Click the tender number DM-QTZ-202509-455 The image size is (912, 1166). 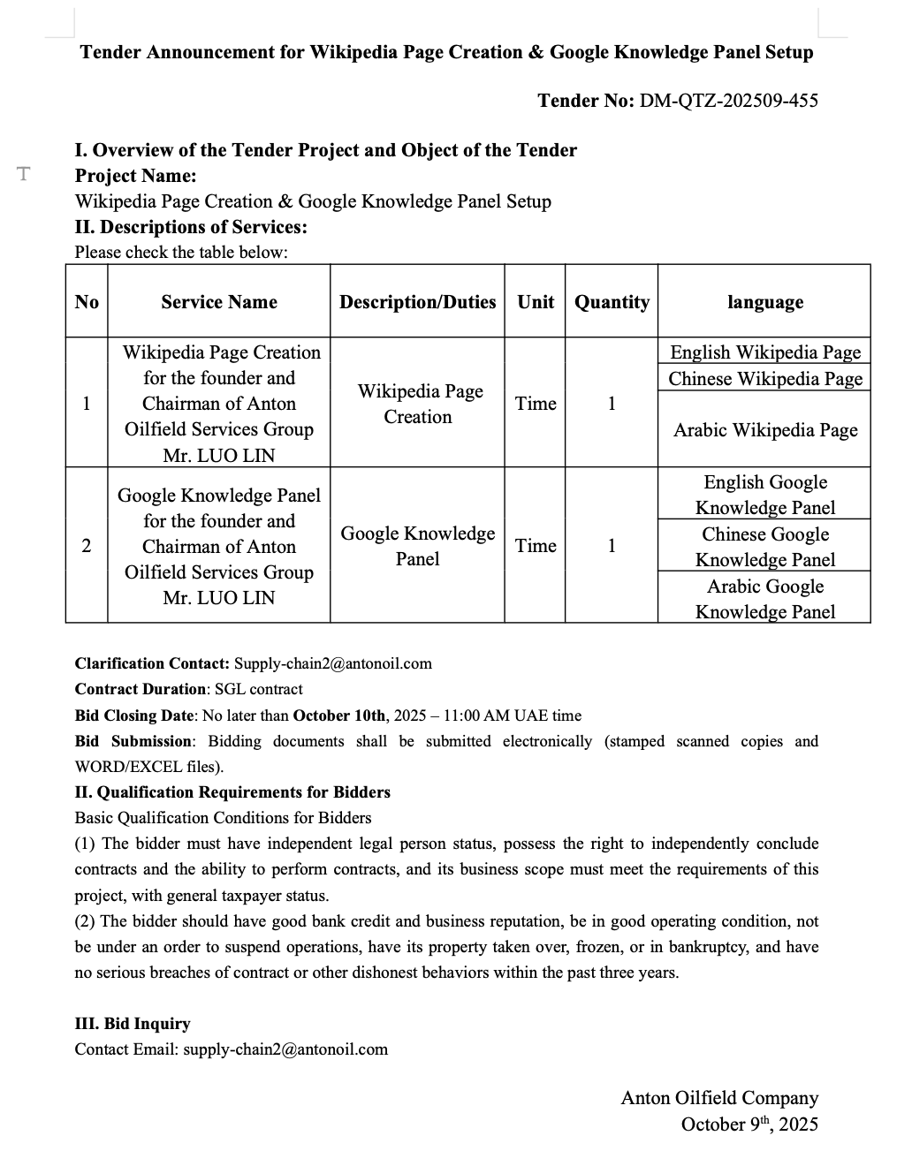click(x=728, y=101)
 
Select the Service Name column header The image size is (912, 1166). click(x=219, y=302)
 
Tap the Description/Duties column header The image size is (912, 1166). click(x=417, y=302)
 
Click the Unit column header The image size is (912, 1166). click(x=536, y=302)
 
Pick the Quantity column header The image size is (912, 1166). click(x=612, y=302)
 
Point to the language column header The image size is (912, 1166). click(x=765, y=302)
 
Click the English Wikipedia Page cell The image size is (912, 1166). click(x=765, y=352)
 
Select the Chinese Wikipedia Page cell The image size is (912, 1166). click(x=765, y=379)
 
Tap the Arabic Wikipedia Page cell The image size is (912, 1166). click(x=765, y=430)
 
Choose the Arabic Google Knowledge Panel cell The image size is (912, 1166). click(x=765, y=599)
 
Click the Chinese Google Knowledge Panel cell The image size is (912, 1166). click(x=765, y=547)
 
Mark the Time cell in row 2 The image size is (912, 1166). click(x=536, y=546)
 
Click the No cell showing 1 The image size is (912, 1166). click(x=87, y=404)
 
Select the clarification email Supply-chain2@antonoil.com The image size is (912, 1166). click(x=332, y=663)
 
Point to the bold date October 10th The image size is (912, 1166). click(x=339, y=715)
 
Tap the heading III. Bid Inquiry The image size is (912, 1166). click(x=133, y=1024)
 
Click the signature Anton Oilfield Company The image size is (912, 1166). click(x=719, y=1098)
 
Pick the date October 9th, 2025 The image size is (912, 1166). click(x=749, y=1124)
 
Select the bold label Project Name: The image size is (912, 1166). click(x=136, y=176)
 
